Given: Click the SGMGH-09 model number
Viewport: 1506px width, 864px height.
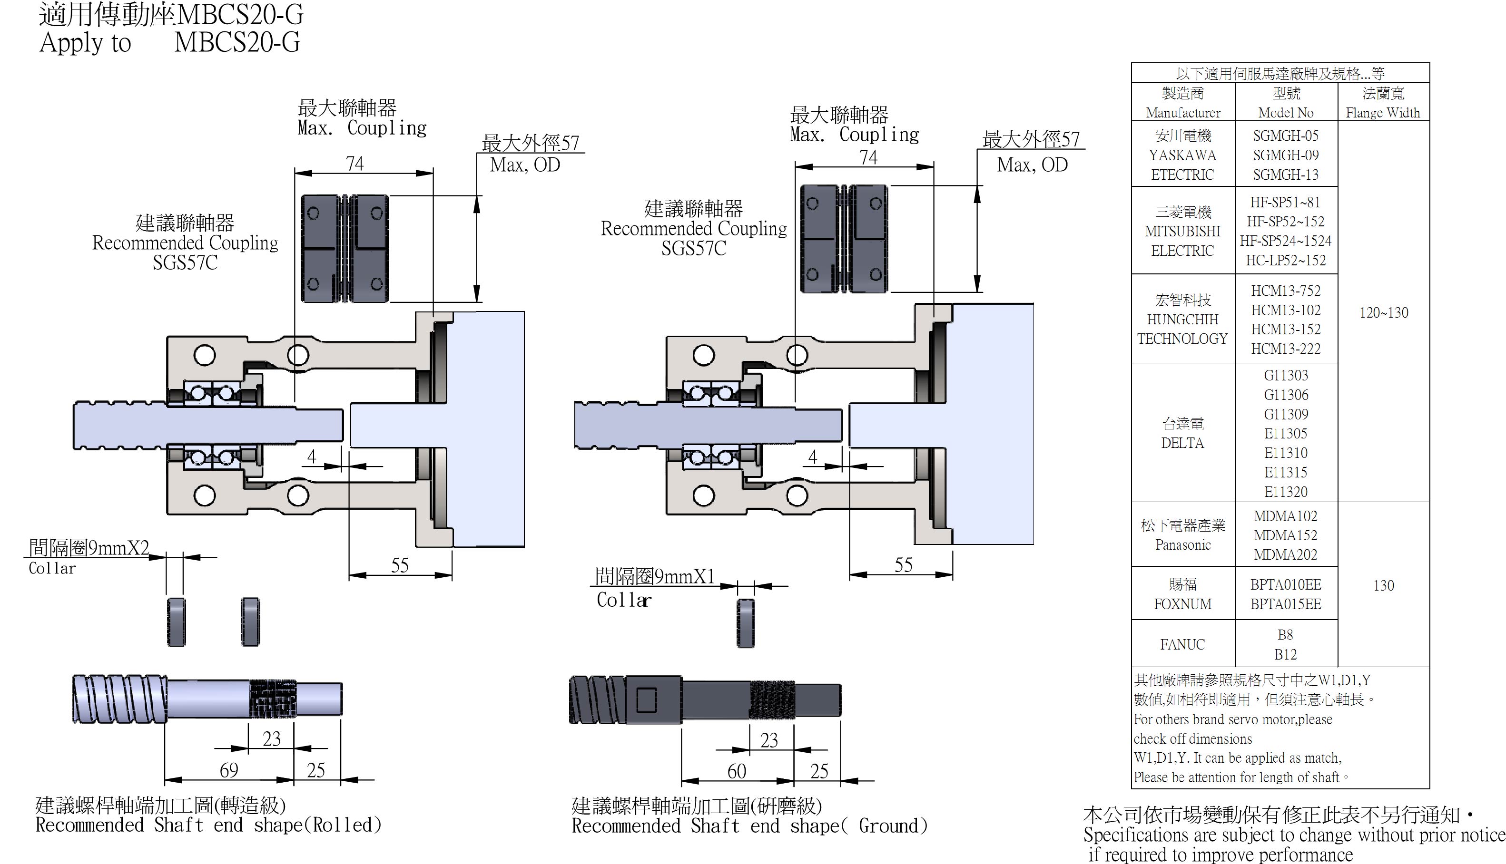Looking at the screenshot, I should tap(1285, 155).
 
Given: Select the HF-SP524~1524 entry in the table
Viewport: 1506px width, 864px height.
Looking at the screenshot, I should tap(1285, 241).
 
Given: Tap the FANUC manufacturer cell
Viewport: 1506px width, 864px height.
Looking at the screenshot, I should tap(1182, 644).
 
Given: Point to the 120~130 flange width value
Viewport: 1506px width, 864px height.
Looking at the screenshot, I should tap(1383, 313).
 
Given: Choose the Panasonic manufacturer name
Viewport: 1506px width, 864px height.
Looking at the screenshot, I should tap(1182, 545).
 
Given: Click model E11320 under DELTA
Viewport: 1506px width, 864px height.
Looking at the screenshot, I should tap(1285, 492).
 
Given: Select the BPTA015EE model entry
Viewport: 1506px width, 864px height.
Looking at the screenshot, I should tap(1285, 604).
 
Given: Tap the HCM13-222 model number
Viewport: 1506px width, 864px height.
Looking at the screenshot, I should tap(1285, 349).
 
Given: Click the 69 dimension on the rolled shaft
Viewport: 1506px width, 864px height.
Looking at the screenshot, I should tap(229, 770).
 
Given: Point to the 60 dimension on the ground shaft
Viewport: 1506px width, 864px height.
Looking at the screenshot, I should tap(737, 771).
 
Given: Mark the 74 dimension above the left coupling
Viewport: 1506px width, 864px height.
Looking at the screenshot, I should tap(354, 164).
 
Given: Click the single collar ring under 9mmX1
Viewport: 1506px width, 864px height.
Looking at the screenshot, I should tap(746, 623).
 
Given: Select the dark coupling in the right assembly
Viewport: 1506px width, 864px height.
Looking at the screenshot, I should tap(844, 239).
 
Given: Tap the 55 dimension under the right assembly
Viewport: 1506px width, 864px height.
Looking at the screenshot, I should tap(903, 565).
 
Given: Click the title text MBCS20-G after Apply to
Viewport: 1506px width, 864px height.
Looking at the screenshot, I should tap(237, 43).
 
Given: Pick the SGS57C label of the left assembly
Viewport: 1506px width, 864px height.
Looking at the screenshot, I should tap(185, 262).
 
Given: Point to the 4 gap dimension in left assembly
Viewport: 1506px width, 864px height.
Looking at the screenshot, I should tap(311, 456).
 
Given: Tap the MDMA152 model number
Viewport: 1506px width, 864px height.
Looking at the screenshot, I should tap(1285, 535).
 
